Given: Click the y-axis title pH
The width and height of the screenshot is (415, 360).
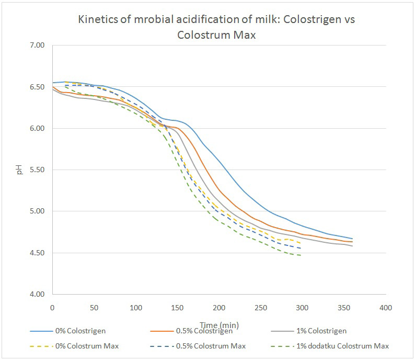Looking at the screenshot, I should coord(20,170).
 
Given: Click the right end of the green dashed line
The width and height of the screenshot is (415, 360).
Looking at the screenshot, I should coord(302,255).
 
